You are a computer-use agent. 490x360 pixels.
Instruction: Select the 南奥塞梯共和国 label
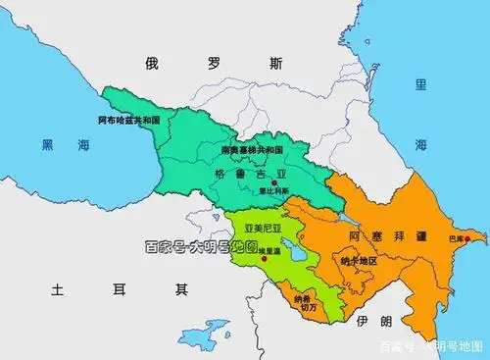point(251,151)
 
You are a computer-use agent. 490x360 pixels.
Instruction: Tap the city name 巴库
point(454,239)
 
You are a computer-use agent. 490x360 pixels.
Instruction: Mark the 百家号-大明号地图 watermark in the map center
point(200,246)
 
